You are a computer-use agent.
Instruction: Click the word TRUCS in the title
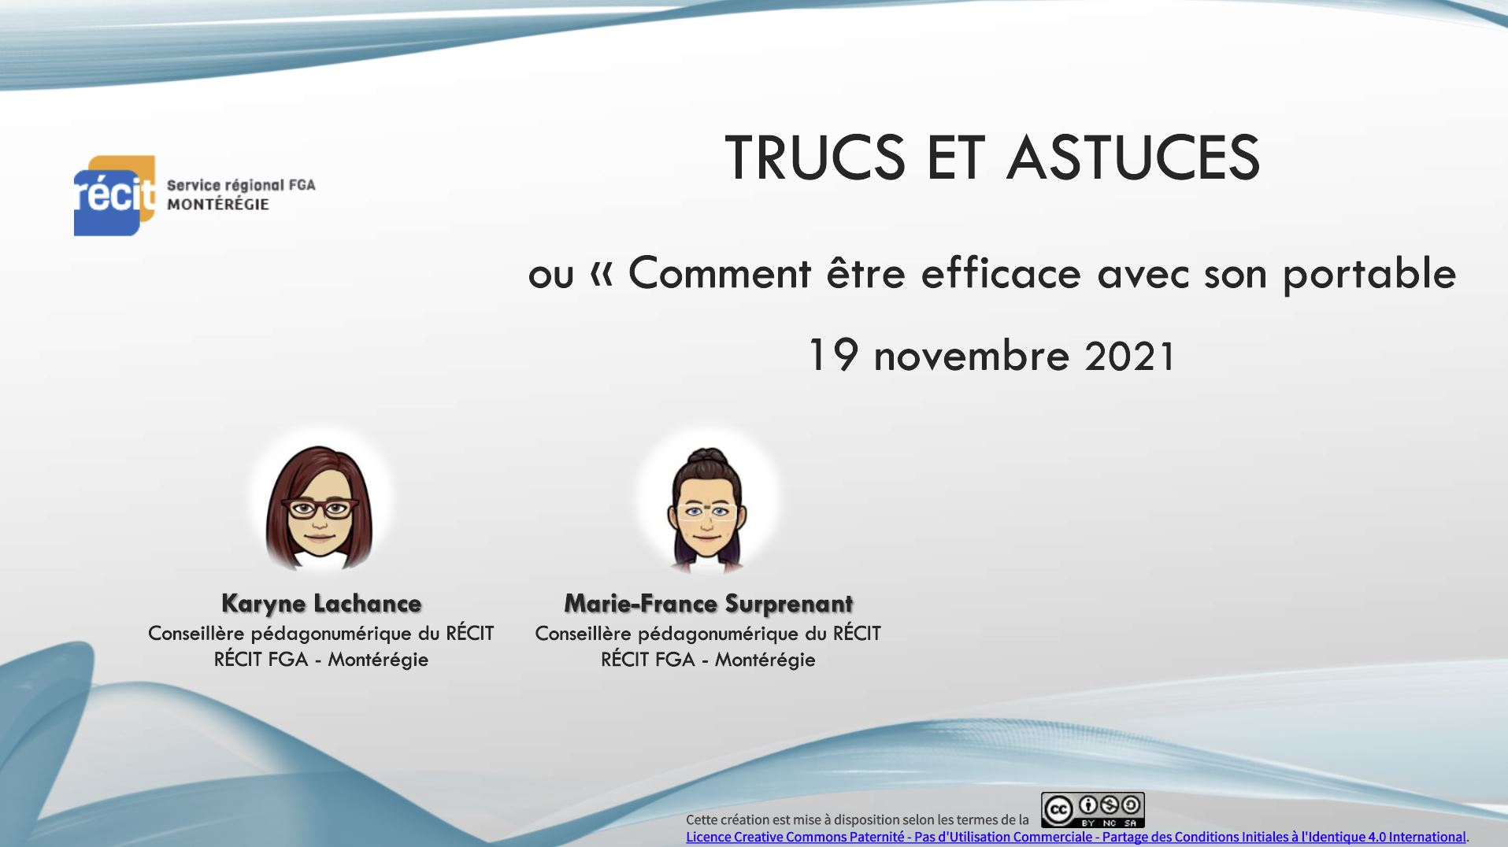coord(815,157)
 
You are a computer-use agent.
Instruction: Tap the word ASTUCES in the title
coord(1133,157)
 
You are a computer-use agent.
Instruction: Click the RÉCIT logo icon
coord(114,195)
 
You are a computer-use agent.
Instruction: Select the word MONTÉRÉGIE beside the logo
coord(218,205)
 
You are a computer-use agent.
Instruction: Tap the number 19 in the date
coord(833,355)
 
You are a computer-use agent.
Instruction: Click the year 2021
coord(1130,356)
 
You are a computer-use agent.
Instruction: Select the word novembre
coord(972,357)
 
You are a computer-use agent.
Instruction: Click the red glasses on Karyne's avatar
coord(320,509)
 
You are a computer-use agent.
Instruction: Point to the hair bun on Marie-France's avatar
coord(706,457)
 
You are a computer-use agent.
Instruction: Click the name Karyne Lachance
coord(321,604)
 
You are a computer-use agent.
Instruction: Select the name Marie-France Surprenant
coord(708,604)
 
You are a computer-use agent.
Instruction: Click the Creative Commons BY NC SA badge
coord(1092,810)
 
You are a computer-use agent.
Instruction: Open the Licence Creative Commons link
coord(1076,838)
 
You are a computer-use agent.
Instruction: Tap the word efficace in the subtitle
coord(1001,273)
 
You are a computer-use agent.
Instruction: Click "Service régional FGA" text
coord(241,186)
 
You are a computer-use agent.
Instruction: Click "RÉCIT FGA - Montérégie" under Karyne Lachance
coord(321,660)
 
